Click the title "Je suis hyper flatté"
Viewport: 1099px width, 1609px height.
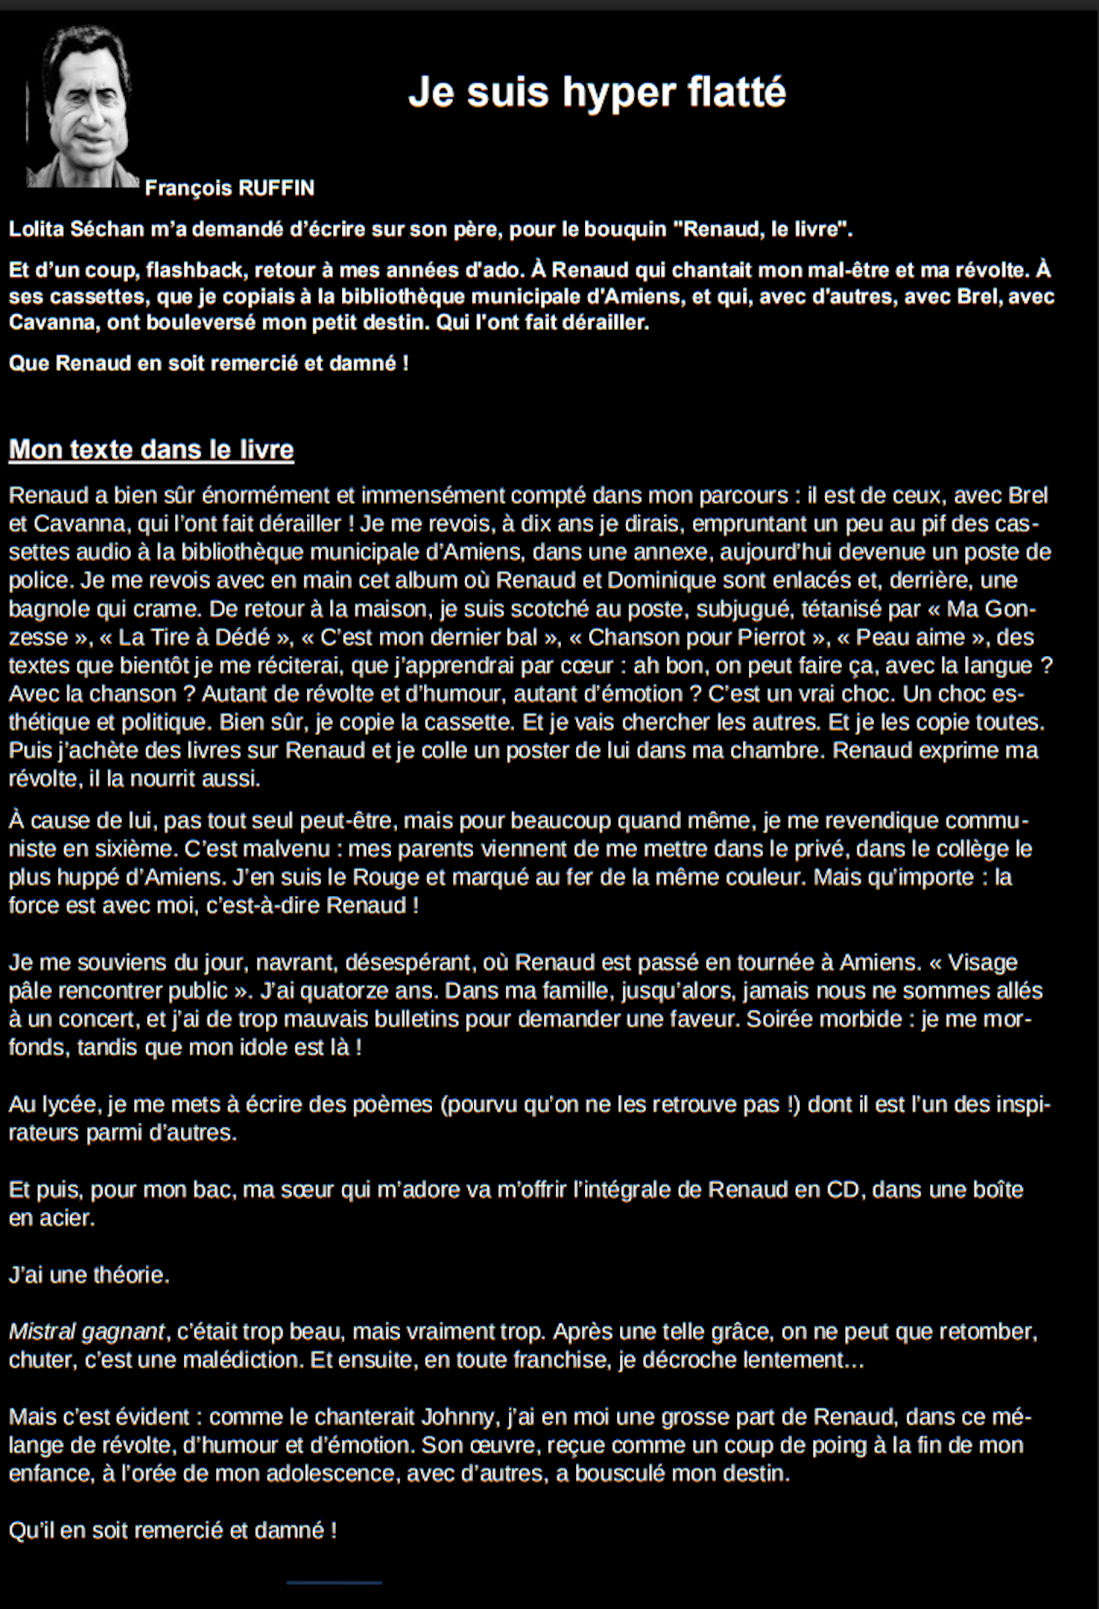(597, 92)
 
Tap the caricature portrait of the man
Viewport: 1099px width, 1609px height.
(82, 107)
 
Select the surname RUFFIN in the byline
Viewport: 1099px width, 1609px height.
(276, 189)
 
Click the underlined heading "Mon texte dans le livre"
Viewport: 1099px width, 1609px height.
(151, 450)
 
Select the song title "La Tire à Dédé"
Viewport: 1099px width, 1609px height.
(194, 637)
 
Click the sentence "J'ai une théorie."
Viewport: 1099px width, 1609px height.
(88, 1275)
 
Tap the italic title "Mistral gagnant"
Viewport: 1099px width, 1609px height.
(86, 1331)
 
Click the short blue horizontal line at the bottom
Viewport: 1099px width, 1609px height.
(333, 1583)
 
